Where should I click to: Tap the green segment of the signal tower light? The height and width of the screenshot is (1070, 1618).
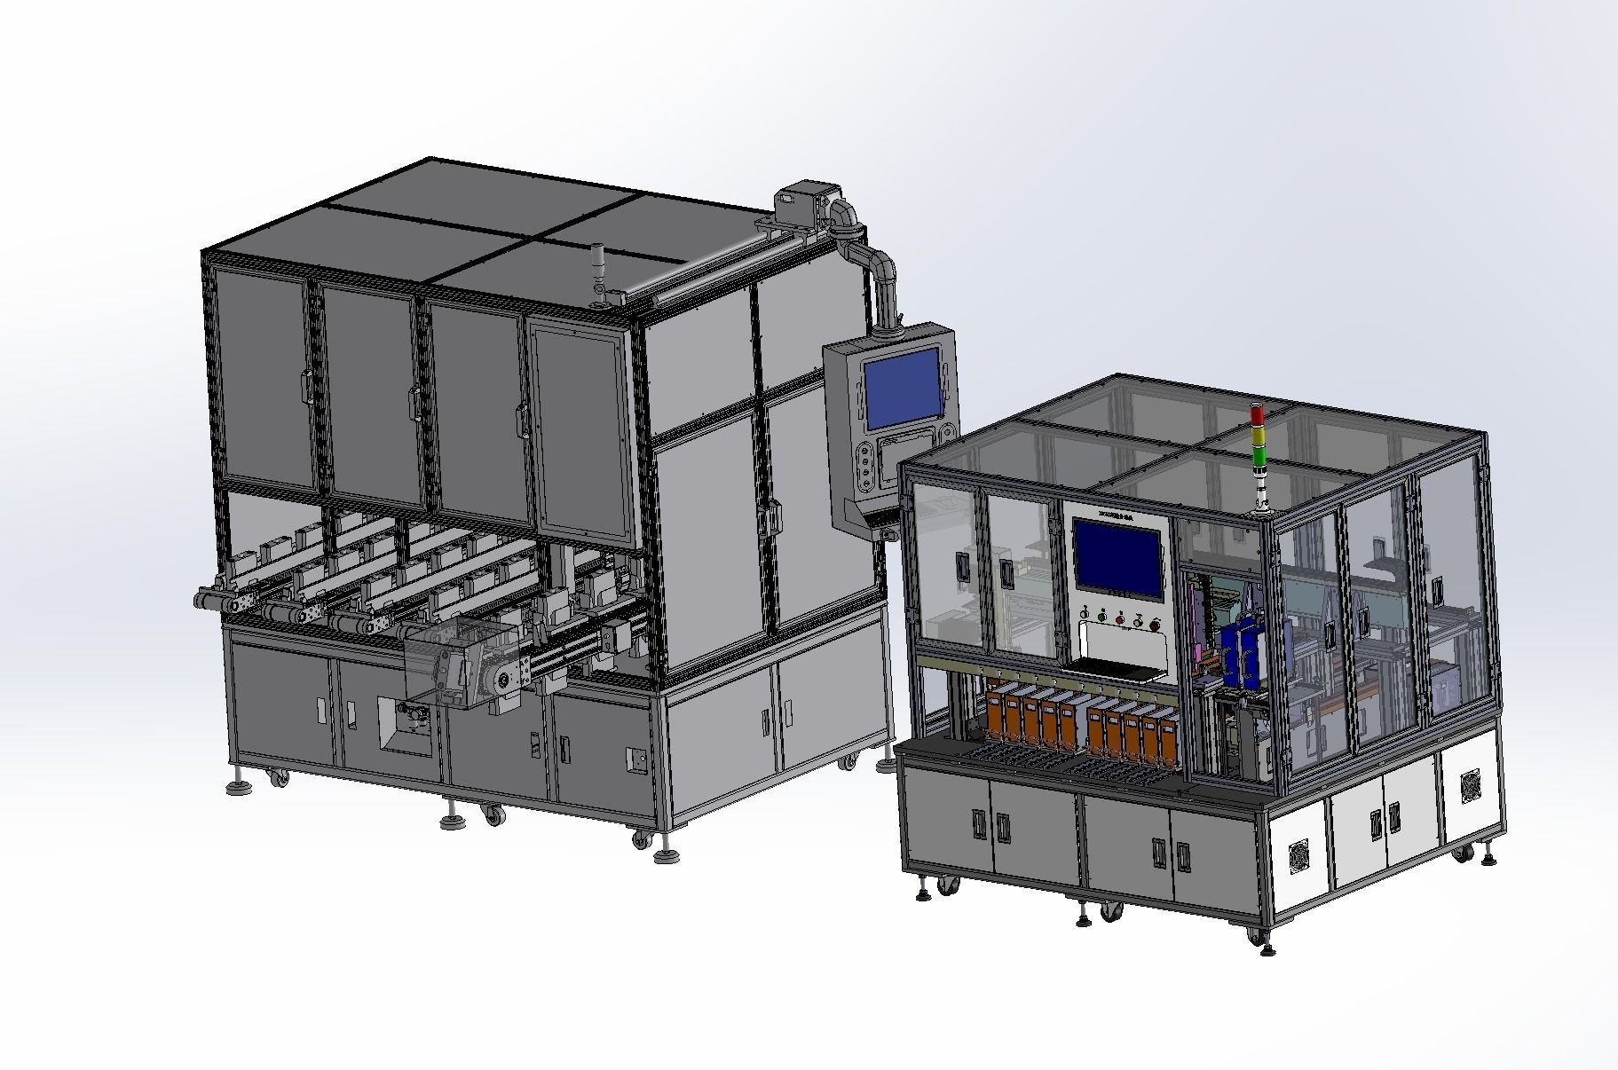pyautogui.click(x=1257, y=455)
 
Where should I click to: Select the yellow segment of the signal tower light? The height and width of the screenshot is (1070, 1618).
pyautogui.click(x=1257, y=436)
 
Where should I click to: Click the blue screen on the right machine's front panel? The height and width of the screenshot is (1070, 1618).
pyautogui.click(x=1117, y=557)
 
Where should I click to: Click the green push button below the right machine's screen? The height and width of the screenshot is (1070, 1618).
pyautogui.click(x=1101, y=616)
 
